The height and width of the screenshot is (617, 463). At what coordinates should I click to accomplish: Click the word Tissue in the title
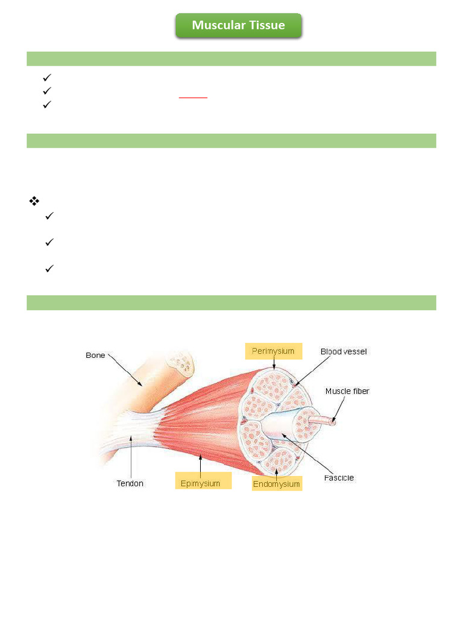tap(269, 25)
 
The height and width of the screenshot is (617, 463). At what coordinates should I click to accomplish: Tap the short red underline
tap(193, 97)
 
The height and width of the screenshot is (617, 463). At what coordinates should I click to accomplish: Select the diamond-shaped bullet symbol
tap(34, 201)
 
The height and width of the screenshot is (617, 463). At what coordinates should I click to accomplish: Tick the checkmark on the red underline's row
tap(48, 90)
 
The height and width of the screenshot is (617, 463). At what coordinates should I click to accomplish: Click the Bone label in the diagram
tap(95, 355)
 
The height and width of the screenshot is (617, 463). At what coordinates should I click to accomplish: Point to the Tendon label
tap(130, 483)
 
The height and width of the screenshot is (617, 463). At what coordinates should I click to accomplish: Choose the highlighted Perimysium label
tap(273, 351)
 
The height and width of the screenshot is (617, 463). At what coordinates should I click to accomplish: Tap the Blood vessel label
tap(343, 351)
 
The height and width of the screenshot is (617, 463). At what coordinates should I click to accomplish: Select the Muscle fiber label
tap(347, 391)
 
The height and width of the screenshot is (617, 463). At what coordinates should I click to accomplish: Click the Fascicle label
tap(339, 478)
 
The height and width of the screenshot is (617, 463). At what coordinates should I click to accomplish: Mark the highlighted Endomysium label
tap(276, 483)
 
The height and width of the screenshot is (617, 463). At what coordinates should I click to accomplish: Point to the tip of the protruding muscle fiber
tap(332, 422)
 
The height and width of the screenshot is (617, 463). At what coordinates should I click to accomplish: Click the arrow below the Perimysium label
tap(274, 364)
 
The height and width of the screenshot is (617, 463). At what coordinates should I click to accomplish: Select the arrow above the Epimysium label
tap(200, 465)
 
